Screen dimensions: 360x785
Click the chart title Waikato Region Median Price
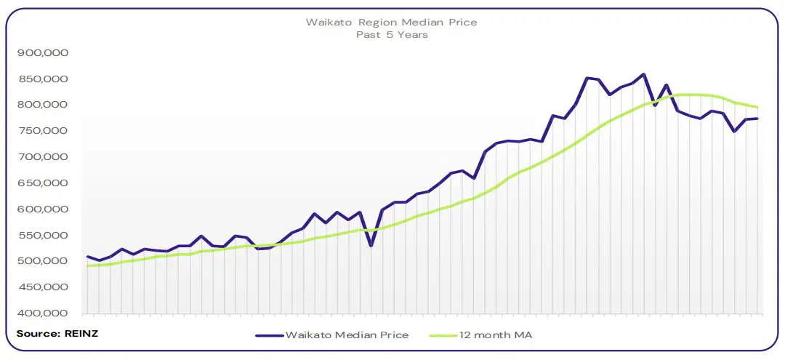click(392, 22)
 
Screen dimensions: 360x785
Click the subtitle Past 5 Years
click(392, 35)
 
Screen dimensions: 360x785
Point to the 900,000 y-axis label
click(43, 53)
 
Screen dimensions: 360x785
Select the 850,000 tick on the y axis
click(43, 79)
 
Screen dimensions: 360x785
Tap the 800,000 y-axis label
click(43, 105)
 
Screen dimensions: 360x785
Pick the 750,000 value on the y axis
click(43, 131)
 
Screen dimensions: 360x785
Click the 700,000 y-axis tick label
click(43, 157)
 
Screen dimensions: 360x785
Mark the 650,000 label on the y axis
click(43, 183)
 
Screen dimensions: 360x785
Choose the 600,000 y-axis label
click(43, 209)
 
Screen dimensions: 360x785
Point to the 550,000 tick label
click(43, 236)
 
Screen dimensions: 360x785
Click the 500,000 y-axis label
click(43, 261)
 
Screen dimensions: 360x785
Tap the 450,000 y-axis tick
click(43, 287)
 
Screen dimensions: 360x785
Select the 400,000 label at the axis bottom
click(43, 313)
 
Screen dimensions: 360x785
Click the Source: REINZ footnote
click(47, 333)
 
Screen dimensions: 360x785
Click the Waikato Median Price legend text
click(347, 335)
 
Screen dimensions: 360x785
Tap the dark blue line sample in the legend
click(268, 336)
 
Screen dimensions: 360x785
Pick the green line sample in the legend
click(440, 336)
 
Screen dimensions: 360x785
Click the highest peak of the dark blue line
click(643, 74)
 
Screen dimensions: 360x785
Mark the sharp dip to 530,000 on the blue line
click(371, 246)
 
